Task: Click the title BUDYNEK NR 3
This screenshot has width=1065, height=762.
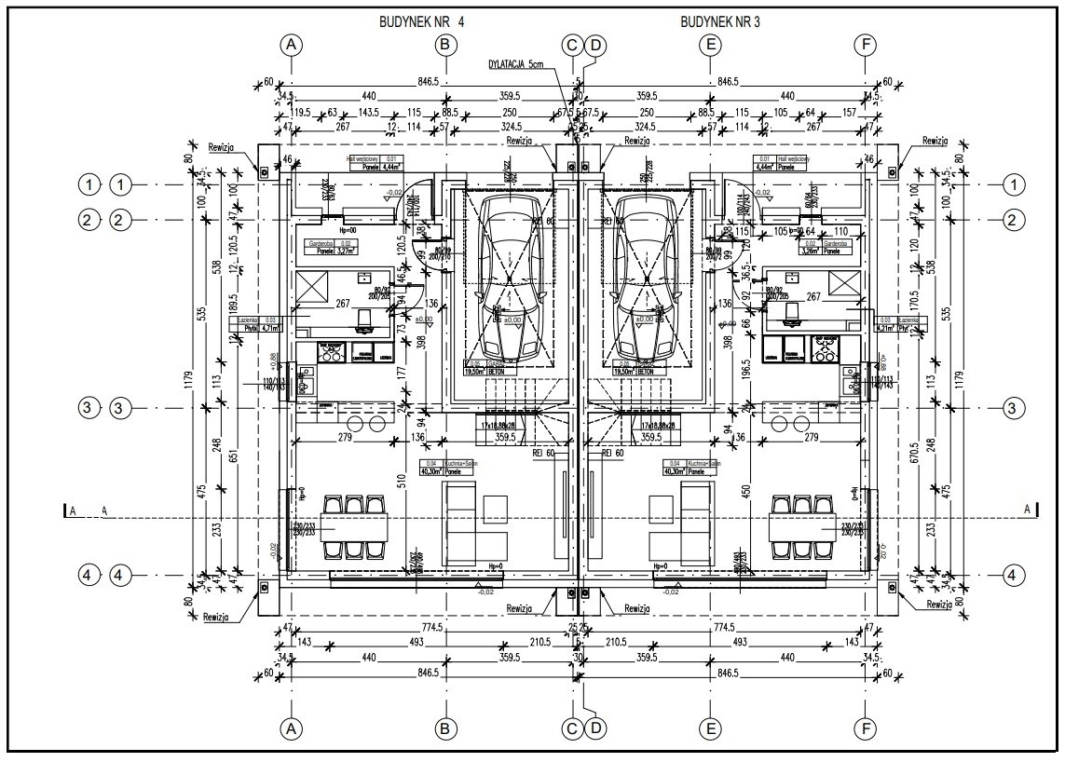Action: tap(720, 20)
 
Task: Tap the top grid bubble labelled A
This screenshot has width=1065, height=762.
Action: tap(293, 44)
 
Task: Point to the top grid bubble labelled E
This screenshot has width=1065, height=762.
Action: tap(711, 44)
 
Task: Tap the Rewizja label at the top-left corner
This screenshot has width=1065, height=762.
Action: tap(225, 146)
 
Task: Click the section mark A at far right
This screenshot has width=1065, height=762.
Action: tap(1027, 509)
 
